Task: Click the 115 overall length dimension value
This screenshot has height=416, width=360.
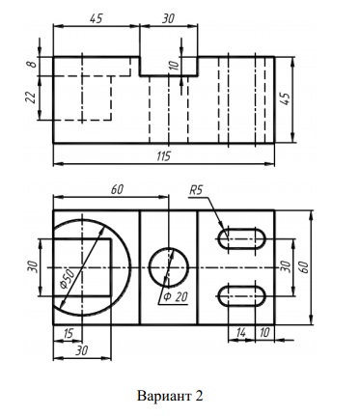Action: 164,156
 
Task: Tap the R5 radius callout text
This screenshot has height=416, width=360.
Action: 196,190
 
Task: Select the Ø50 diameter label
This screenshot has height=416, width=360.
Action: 68,278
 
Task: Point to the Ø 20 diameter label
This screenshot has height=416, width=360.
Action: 176,296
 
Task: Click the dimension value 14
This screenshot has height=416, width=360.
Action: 240,333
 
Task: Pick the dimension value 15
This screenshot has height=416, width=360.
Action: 68,334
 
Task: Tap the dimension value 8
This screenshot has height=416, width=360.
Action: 31,65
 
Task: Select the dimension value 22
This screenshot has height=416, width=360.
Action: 31,97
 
